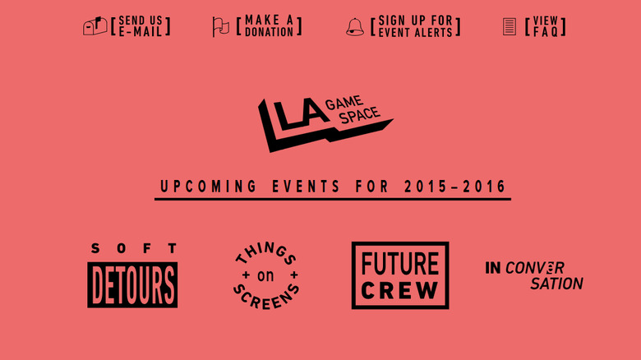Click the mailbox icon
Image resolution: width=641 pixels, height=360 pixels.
(95, 25)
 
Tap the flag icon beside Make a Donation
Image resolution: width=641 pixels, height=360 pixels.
(221, 27)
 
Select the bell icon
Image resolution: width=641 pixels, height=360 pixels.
(355, 27)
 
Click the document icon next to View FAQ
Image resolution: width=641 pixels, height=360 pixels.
(510, 26)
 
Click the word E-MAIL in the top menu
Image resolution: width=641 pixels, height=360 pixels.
(141, 32)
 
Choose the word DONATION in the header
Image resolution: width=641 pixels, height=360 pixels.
(269, 32)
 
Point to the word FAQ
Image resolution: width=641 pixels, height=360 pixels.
(546, 32)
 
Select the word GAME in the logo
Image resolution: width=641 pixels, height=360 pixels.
(344, 103)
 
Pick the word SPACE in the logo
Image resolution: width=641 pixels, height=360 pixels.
(359, 115)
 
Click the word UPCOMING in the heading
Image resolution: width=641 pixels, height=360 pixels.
(208, 187)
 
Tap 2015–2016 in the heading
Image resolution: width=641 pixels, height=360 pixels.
(455, 187)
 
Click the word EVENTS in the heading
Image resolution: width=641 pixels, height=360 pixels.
(307, 187)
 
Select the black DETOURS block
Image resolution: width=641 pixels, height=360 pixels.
(132, 284)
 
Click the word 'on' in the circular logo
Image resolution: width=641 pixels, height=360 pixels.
(265, 276)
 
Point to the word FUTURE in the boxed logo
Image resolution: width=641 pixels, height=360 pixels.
(400, 264)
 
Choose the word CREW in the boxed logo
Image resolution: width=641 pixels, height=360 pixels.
(400, 290)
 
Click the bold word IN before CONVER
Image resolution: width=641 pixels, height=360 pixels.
(492, 268)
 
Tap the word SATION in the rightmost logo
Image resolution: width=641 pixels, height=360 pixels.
(557, 284)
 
